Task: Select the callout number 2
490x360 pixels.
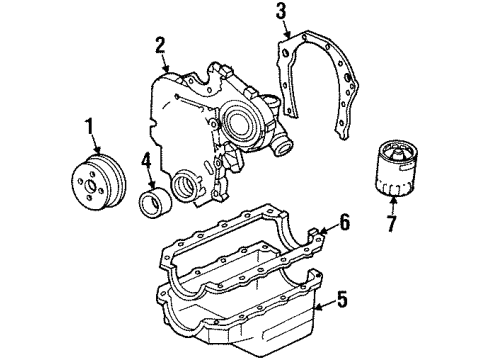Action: coord(159,44)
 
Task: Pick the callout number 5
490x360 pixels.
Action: coord(343,297)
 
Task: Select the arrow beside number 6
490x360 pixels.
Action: coord(325,229)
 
